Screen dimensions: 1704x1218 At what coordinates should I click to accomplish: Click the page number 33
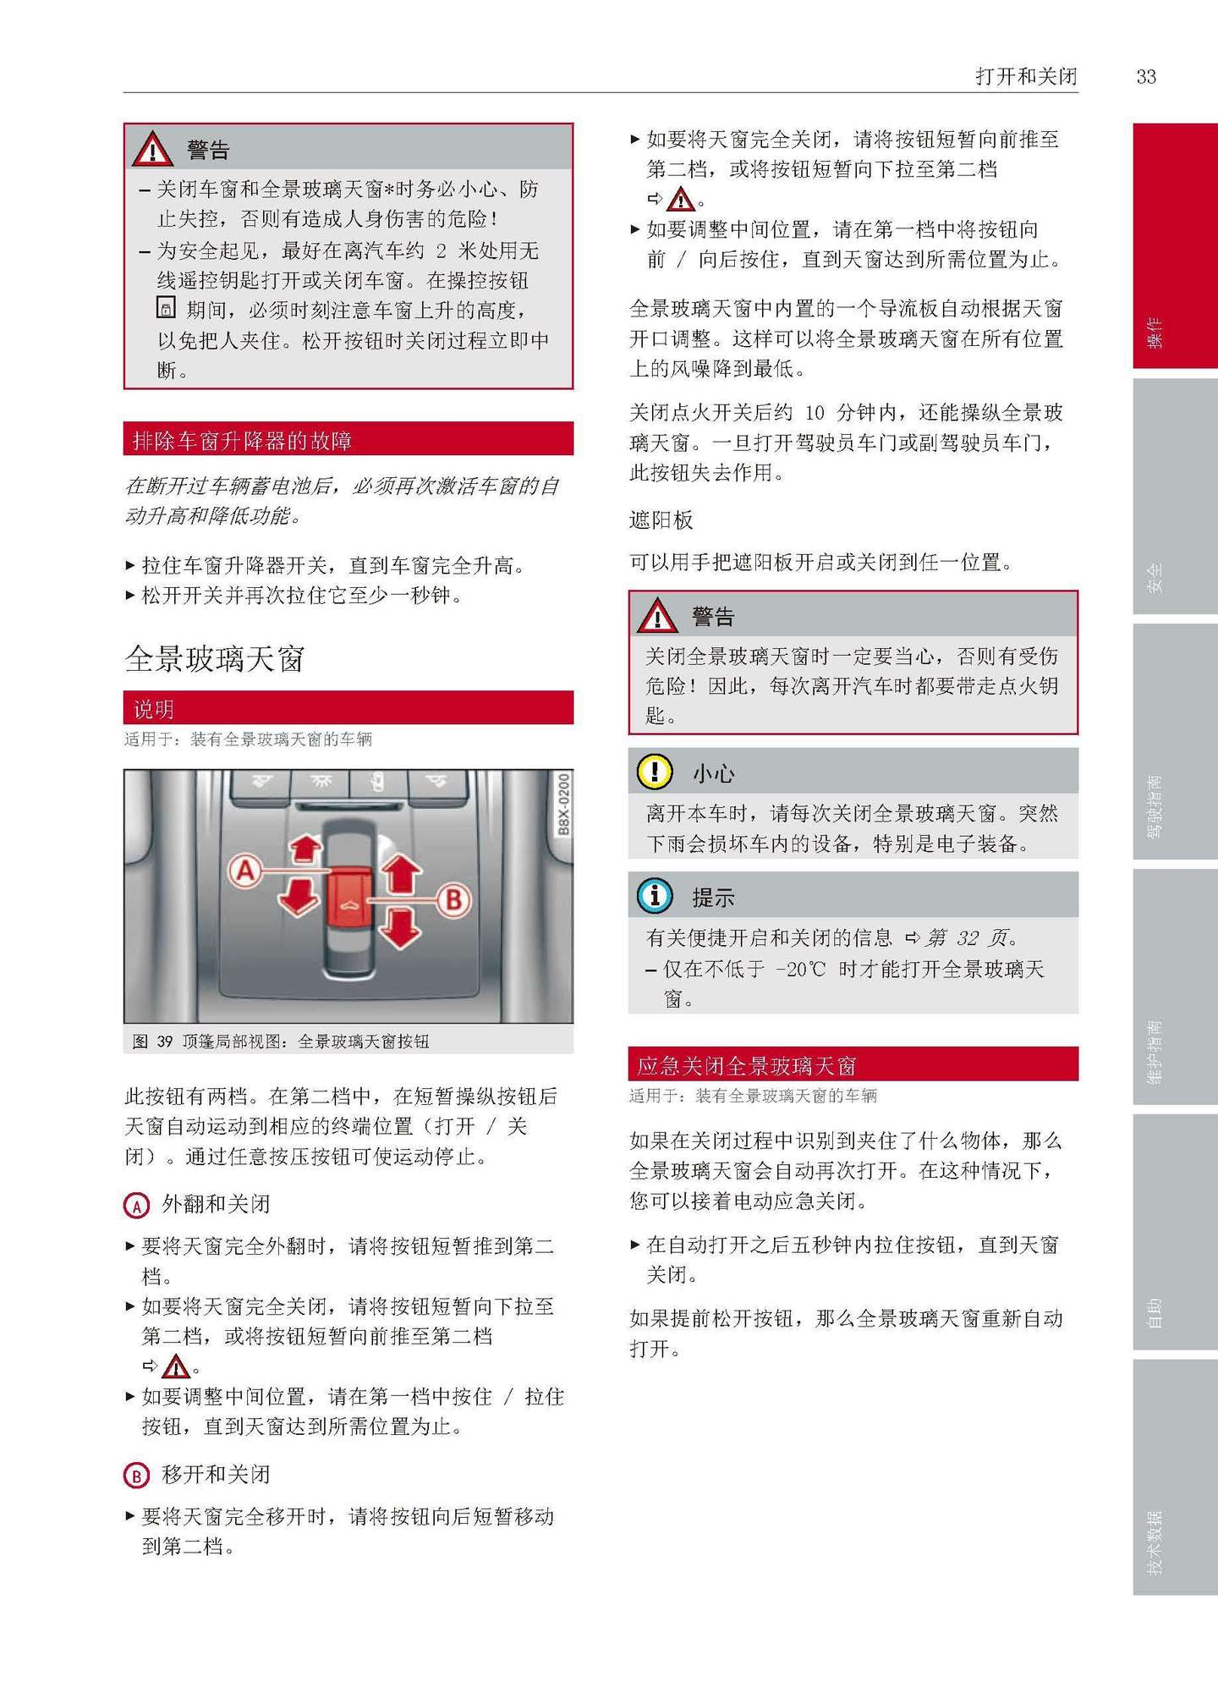point(1145,77)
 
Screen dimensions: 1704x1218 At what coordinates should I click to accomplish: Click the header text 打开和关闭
point(1026,77)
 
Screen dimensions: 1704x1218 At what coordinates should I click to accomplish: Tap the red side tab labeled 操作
point(1174,245)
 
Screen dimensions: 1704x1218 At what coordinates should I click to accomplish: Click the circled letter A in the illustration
point(245,871)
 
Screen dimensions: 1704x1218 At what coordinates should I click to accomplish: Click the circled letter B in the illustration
point(453,899)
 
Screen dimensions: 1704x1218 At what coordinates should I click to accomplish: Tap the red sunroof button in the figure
point(349,896)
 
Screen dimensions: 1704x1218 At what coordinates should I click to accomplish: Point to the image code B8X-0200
point(563,803)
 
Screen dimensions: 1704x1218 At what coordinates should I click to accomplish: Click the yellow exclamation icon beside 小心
point(655,772)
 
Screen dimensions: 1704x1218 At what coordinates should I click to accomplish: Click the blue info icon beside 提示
point(655,895)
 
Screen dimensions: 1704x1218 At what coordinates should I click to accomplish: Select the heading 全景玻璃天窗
point(215,658)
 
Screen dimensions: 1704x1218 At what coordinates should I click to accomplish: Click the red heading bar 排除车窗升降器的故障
point(348,439)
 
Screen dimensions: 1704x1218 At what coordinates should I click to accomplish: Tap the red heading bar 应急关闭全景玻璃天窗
point(853,1064)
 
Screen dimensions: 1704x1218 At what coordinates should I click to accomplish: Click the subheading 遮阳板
point(661,520)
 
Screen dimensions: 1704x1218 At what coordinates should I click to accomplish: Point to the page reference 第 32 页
point(969,938)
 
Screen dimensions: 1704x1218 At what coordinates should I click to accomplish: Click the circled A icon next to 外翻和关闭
point(136,1205)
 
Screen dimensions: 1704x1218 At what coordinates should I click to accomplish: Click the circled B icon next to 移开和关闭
point(136,1476)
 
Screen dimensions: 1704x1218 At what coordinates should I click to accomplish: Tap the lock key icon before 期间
point(167,308)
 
